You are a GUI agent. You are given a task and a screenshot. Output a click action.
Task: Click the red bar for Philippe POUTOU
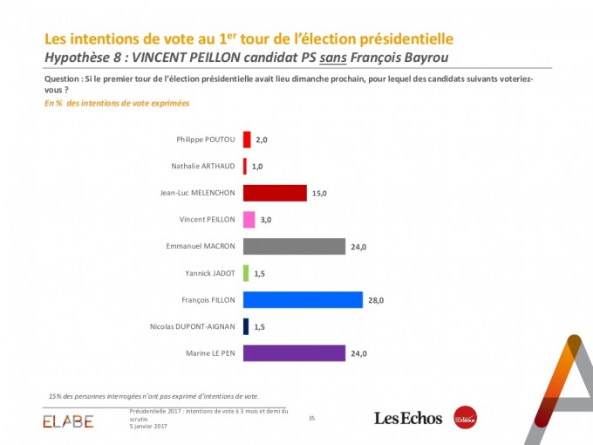point(247,140)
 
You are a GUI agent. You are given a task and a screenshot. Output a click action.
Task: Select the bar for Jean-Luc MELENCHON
point(275,193)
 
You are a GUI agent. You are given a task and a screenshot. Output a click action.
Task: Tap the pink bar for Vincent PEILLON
point(249,220)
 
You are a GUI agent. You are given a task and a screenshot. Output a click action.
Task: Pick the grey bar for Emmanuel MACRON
point(294,247)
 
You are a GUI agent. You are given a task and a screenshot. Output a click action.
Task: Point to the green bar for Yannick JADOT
point(246,273)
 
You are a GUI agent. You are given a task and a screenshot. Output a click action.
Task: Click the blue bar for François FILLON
point(302,300)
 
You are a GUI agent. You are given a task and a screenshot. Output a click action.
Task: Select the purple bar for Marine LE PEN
point(294,353)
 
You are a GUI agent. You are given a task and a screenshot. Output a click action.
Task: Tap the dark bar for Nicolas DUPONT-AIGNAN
point(246,326)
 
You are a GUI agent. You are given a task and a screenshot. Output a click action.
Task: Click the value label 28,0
point(376,300)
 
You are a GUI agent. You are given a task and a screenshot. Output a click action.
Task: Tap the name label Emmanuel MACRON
point(201,247)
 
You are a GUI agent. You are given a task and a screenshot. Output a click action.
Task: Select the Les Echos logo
point(409,418)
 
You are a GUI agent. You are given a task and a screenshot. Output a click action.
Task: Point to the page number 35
point(311,419)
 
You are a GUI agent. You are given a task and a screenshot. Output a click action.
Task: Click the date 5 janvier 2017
point(150,426)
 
